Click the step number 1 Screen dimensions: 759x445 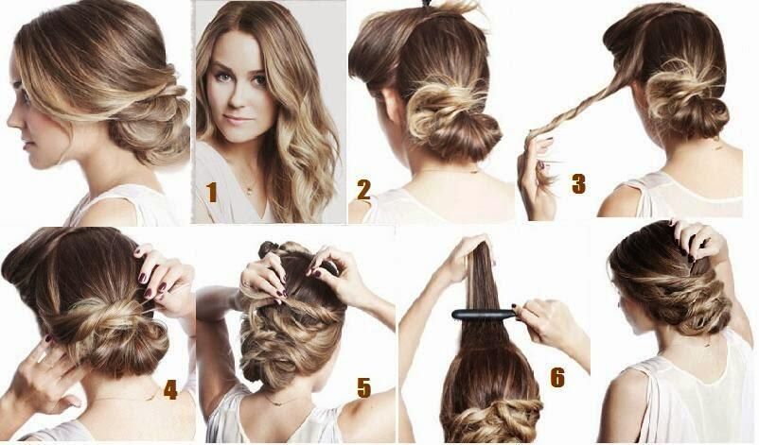click(x=212, y=193)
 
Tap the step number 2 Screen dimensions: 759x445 click(x=364, y=190)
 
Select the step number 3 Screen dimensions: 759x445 click(x=578, y=183)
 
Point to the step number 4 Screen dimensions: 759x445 click(x=170, y=389)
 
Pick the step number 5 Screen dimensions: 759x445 click(x=363, y=387)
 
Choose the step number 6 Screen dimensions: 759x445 click(x=557, y=377)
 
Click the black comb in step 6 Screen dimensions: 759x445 click(x=484, y=315)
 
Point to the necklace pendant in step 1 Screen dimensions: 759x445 click(x=249, y=190)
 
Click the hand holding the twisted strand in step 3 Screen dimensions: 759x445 click(x=538, y=177)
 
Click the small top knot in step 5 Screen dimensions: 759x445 click(x=268, y=248)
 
